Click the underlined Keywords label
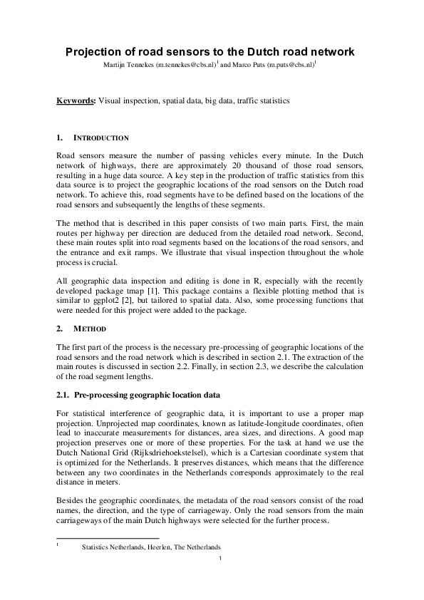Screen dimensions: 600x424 point(75,101)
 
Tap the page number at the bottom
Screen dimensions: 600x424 point(221,558)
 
